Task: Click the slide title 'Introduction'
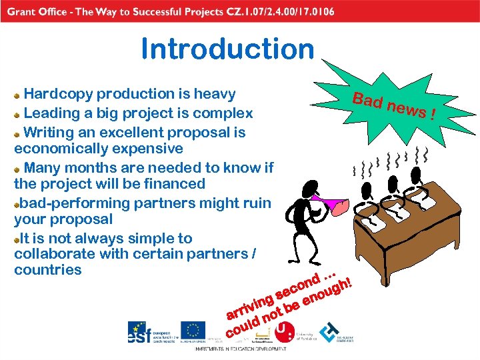point(227,49)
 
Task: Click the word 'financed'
point(175,183)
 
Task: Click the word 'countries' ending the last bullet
point(48,270)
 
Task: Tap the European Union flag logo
point(193,331)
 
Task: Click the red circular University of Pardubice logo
point(284,331)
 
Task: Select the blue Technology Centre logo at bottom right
point(329,332)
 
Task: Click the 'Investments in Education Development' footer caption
point(241,349)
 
